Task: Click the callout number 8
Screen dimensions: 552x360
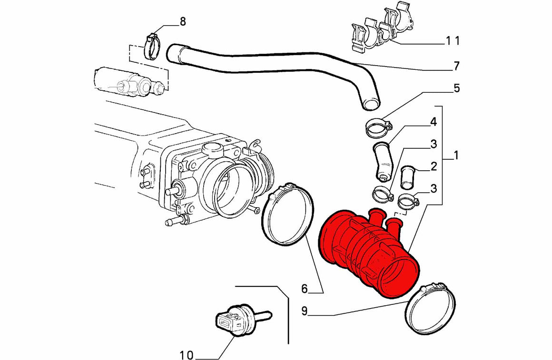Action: [182, 21]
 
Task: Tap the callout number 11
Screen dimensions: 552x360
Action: [453, 41]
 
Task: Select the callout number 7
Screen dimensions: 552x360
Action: [456, 66]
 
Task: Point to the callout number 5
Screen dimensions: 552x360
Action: [456, 88]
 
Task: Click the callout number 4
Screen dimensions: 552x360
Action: [434, 122]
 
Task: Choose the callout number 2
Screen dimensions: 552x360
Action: [434, 166]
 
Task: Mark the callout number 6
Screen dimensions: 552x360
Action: [305, 289]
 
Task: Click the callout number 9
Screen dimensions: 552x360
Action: [305, 311]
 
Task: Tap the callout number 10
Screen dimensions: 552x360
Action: [187, 355]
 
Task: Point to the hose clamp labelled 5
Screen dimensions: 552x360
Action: [378, 128]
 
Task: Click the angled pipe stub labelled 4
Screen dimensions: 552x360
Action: [383, 161]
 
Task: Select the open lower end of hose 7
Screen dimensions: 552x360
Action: [372, 104]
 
